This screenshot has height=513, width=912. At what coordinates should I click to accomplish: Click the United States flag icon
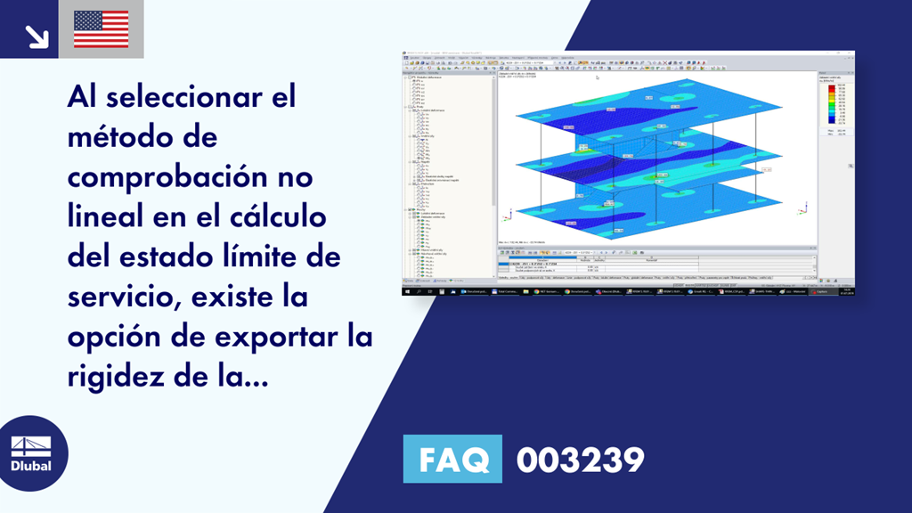click(102, 29)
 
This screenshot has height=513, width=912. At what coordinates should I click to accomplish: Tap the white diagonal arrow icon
click(36, 35)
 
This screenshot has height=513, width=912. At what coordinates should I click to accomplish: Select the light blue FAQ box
click(452, 460)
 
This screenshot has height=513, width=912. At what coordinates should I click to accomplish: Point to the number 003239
click(581, 460)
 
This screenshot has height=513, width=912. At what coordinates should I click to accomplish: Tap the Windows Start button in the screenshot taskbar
click(408, 291)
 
